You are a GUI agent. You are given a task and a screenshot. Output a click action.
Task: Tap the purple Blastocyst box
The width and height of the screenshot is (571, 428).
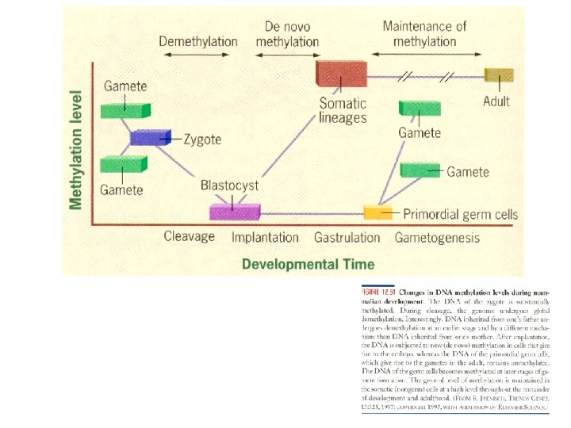(x=235, y=212)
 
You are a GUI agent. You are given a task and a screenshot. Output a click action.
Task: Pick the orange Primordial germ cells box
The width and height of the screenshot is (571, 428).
(x=378, y=212)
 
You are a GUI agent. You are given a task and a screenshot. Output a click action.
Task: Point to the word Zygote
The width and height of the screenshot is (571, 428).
(x=202, y=139)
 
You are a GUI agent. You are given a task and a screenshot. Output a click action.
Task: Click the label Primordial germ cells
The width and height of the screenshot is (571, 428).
(x=460, y=214)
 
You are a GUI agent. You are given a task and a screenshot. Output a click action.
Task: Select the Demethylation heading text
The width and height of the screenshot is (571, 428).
(x=197, y=41)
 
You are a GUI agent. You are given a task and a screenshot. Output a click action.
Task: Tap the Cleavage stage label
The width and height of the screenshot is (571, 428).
(x=190, y=236)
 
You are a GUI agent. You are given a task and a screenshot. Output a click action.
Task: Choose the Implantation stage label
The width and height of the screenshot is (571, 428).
(x=265, y=237)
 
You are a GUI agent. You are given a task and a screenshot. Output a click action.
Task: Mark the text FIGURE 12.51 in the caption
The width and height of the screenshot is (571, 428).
(x=378, y=292)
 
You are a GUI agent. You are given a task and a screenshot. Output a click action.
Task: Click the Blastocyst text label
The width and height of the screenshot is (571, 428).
(x=229, y=185)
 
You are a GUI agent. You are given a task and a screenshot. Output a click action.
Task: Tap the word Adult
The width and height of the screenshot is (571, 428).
(x=496, y=101)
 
